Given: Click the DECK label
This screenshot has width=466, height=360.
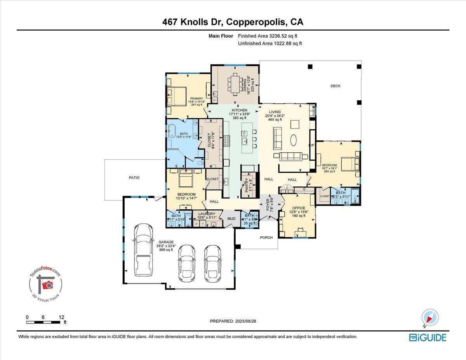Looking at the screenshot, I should click(x=335, y=86).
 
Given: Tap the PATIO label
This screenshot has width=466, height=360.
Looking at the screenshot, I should click(x=134, y=177).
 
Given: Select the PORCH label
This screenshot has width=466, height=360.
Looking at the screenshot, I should click(x=266, y=237).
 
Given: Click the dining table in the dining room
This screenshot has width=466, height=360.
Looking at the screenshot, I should click(x=235, y=84).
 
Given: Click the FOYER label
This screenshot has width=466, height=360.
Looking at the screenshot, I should click(x=268, y=205).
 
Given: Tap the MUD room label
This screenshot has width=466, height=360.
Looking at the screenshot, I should click(x=231, y=219).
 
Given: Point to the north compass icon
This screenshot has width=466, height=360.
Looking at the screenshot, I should click(x=430, y=317).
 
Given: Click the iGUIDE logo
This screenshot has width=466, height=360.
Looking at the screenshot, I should click(x=428, y=337).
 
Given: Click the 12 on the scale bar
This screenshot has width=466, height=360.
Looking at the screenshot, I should click(x=61, y=317).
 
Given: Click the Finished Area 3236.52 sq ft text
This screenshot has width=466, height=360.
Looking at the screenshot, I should click(x=270, y=36).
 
